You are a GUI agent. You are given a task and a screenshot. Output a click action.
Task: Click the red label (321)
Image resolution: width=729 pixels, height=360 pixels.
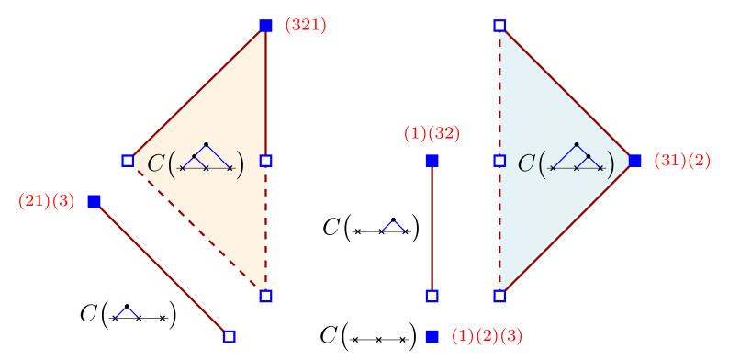click(306, 26)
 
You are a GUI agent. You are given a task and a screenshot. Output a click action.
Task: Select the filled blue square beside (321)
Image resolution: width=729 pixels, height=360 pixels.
click(265, 26)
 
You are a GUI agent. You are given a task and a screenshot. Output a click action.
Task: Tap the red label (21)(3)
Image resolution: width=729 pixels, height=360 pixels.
click(46, 201)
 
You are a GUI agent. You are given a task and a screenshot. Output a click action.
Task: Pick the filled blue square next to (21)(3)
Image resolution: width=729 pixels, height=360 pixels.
click(94, 201)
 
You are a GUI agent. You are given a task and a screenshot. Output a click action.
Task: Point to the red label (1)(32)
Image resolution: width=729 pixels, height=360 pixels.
click(432, 133)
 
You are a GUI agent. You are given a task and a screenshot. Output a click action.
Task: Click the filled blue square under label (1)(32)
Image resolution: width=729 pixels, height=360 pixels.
click(432, 161)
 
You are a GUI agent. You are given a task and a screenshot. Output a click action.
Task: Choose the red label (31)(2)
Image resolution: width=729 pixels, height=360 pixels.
click(682, 161)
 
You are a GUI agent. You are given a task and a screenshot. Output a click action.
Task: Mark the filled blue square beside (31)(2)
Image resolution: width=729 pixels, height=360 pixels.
click(635, 161)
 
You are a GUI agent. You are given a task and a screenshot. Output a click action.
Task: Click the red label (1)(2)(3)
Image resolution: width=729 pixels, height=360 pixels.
click(487, 336)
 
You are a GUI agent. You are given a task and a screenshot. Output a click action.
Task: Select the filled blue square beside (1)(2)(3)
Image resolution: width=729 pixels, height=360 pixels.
click(432, 336)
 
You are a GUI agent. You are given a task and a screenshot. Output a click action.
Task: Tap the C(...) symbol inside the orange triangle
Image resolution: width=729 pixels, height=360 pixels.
click(196, 163)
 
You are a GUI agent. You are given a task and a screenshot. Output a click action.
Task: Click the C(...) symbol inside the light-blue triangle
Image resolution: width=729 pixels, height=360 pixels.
click(566, 163)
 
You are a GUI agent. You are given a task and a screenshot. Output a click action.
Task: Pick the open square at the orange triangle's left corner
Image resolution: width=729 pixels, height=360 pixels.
click(128, 161)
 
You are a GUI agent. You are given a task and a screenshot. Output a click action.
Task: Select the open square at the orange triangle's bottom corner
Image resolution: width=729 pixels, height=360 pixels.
click(265, 296)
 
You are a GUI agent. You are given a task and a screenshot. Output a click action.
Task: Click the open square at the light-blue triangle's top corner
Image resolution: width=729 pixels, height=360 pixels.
click(499, 26)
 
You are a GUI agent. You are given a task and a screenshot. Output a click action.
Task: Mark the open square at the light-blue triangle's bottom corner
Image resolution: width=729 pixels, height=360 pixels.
click(499, 296)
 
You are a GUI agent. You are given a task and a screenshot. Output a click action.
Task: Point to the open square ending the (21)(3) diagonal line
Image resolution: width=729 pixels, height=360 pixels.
click(229, 336)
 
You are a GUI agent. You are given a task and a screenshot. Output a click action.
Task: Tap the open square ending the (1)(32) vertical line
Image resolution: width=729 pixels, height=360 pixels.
click(432, 296)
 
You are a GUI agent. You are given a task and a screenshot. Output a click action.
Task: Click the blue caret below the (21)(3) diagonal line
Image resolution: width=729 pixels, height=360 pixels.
click(128, 313)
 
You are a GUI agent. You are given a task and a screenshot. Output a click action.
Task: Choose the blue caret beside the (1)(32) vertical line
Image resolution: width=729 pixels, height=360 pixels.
click(393, 226)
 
